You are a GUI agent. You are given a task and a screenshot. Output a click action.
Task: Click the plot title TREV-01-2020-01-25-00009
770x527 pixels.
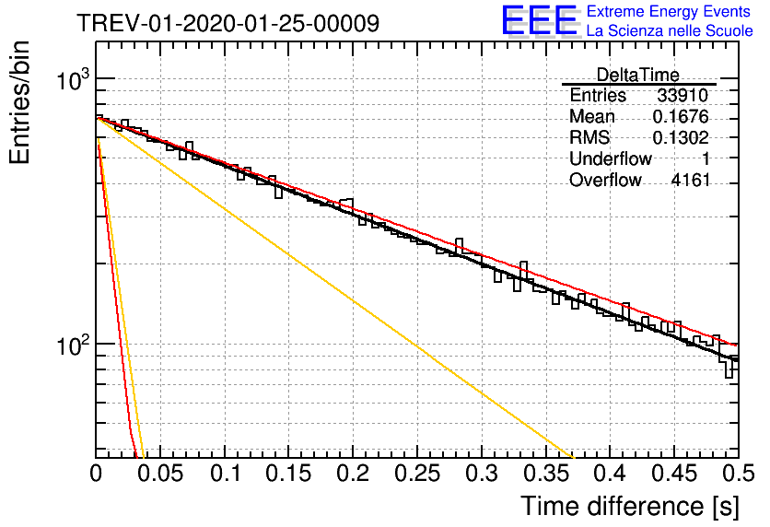coord(227,23)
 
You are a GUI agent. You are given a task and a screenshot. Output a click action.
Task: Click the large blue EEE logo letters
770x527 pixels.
coord(540,20)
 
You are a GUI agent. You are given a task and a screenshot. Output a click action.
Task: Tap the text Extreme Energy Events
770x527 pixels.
coord(669,11)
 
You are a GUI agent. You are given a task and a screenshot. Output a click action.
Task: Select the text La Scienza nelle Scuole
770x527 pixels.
coord(670,30)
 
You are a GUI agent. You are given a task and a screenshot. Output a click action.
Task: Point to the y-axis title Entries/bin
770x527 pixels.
coord(19,102)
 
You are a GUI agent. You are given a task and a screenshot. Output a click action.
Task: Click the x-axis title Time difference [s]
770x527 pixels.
coord(630,507)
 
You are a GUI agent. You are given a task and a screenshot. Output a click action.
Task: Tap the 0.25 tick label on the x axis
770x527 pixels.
coord(417,474)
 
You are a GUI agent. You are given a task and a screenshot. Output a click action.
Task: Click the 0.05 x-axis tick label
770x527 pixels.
coord(160,474)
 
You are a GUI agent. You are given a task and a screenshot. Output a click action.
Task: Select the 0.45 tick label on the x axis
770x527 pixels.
coord(674,474)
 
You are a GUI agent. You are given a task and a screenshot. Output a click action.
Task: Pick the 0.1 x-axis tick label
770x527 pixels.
coord(226,474)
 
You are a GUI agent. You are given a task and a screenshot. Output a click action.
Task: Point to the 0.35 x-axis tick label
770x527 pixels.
coord(546,474)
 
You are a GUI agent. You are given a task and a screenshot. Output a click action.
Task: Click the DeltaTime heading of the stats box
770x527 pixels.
coord(637,75)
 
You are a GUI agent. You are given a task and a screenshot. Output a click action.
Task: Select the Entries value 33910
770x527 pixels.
coord(682,95)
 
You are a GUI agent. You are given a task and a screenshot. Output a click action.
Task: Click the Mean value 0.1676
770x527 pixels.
coord(681,116)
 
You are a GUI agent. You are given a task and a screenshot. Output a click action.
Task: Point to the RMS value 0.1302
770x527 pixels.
coord(681,137)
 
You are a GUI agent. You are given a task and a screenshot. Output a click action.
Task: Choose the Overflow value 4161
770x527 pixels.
coord(691,181)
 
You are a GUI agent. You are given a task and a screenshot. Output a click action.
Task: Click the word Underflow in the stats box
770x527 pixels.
coord(611,158)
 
